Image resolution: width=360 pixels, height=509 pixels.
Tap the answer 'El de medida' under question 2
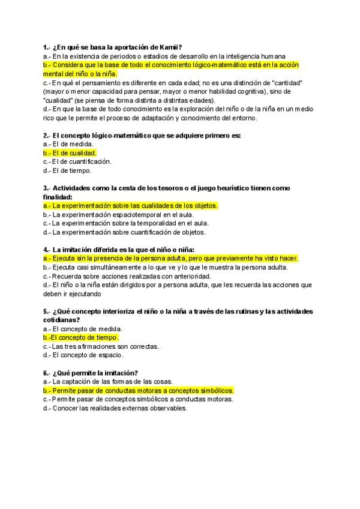pyautogui.click(x=68, y=144)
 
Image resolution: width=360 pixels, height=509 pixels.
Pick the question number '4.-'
pyautogui.click(x=47, y=249)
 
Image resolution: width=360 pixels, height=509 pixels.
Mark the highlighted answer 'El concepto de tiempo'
pyautogui.click(x=80, y=337)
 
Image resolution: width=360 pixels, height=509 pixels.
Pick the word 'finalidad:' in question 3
pyautogui.click(x=58, y=197)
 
